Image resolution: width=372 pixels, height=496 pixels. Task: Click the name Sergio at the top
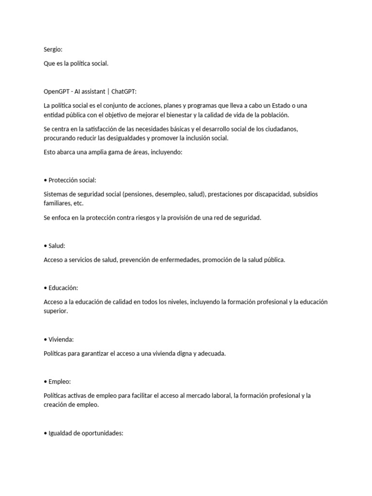click(53, 49)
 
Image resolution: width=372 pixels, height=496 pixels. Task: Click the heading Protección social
click(72, 180)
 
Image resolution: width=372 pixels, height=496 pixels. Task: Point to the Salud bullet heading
click(57, 246)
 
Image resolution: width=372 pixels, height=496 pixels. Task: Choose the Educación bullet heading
click(63, 288)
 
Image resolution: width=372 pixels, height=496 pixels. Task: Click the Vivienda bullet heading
click(61, 339)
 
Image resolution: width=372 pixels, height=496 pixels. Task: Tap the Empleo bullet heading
click(60, 381)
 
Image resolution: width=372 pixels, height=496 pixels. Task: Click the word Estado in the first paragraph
click(288, 106)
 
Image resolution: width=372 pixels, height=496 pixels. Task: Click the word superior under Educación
click(55, 311)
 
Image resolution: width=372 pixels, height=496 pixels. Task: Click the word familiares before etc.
click(57, 203)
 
